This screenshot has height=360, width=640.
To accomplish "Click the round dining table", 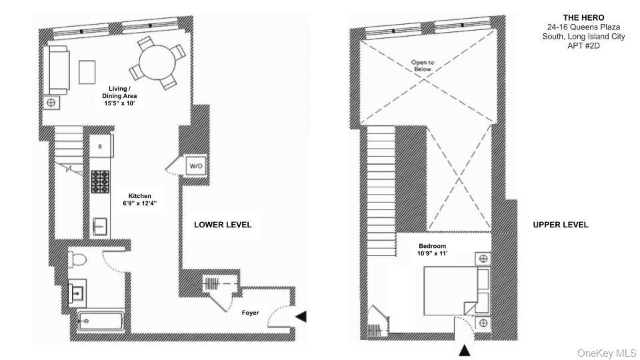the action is tap(157, 63).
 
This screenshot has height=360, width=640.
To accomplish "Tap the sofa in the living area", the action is tap(56, 70).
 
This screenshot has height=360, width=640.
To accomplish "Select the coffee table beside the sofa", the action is tap(87, 72).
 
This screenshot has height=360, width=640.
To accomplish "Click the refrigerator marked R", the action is tap(101, 146).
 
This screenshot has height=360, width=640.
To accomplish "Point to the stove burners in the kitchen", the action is tap(100, 181).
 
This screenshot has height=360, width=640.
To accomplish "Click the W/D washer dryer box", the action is tap(196, 166).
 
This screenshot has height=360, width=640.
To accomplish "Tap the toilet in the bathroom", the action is tap(77, 259).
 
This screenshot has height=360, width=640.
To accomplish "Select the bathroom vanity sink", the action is tap(77, 291).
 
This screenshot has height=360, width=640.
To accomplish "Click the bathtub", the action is tap(101, 321).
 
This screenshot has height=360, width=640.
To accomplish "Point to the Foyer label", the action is tap(250, 313).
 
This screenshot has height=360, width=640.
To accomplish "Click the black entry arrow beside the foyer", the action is tap(301, 316).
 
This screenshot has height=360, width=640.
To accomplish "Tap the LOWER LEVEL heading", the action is tap(223, 225).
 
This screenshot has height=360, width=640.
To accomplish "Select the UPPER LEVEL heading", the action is tap(561, 225).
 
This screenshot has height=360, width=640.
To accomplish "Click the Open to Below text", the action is tap(423, 66).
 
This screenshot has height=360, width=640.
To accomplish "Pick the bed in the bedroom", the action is tap(457, 291).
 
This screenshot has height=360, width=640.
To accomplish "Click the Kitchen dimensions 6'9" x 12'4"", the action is tap(140, 203).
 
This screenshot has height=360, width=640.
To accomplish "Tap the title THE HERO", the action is tap(584, 17).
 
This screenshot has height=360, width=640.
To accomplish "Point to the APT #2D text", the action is tap(584, 46).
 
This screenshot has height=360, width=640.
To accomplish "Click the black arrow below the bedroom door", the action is tap(465, 351).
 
